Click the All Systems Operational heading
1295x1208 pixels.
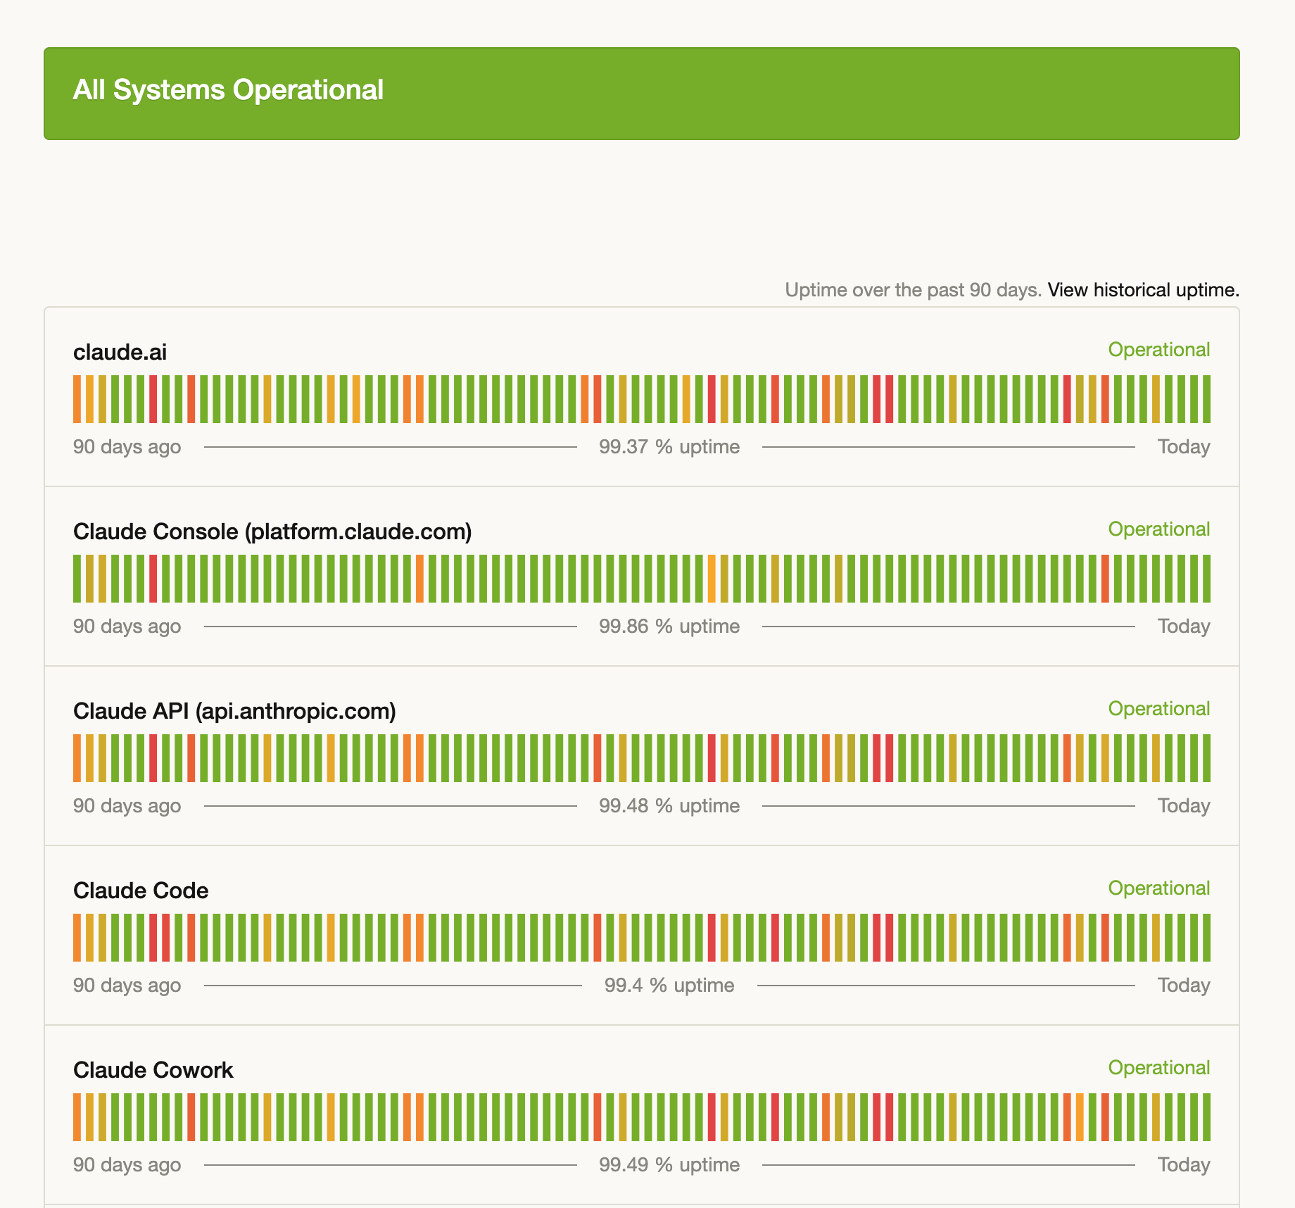(x=228, y=90)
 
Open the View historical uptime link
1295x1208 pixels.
(x=1143, y=290)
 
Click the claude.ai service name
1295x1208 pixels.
(x=120, y=352)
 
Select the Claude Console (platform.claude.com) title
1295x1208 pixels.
(x=272, y=531)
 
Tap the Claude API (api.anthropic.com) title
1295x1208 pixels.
(x=234, y=711)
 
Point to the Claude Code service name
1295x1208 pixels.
(x=141, y=891)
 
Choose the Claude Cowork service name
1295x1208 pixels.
(x=153, y=1070)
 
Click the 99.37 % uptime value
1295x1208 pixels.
(x=669, y=447)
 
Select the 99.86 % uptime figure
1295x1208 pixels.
(x=669, y=627)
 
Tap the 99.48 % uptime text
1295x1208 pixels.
(x=669, y=806)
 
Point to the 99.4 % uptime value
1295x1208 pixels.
(x=669, y=986)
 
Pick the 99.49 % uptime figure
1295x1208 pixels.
(x=669, y=1165)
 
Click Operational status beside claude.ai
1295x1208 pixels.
(x=1159, y=350)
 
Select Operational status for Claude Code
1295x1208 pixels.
(x=1159, y=888)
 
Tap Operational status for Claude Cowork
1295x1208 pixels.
(x=1159, y=1068)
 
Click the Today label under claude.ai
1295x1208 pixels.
(x=1184, y=447)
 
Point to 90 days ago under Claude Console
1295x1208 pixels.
(x=127, y=627)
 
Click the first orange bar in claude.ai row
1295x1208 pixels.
(x=77, y=399)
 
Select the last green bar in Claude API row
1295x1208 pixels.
(x=1206, y=758)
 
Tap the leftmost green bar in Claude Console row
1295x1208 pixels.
(x=77, y=579)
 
